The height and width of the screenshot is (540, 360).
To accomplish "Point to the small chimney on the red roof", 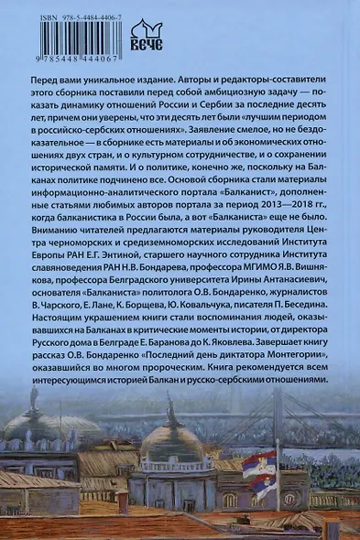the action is [x=122, y=501].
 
